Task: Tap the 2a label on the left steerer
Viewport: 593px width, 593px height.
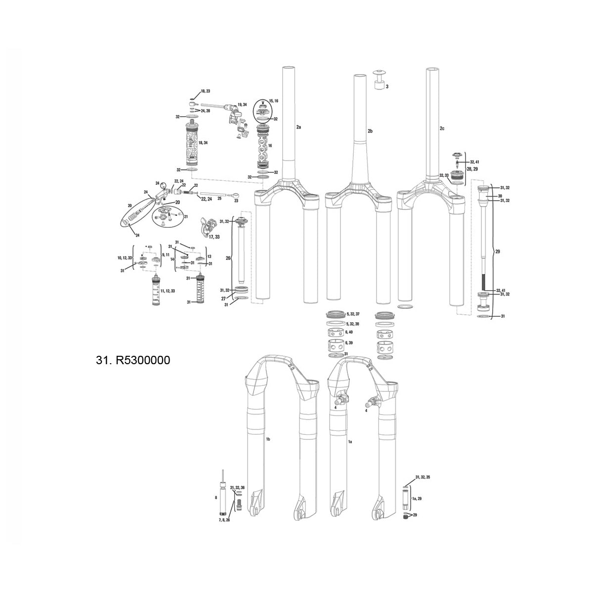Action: (298, 127)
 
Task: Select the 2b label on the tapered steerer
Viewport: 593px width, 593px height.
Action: (370, 131)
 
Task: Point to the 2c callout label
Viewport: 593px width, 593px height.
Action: (442, 128)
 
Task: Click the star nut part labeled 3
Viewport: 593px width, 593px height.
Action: (379, 81)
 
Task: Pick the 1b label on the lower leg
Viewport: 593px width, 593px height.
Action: (268, 439)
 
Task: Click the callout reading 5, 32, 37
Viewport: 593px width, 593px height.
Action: (354, 314)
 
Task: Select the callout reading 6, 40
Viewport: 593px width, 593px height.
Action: (350, 332)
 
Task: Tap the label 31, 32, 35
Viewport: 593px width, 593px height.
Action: (423, 477)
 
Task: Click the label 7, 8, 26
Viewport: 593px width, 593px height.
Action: (224, 520)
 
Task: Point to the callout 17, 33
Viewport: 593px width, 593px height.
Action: (214, 237)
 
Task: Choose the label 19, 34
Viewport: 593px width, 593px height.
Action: (242, 105)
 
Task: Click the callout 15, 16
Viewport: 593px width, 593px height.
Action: (274, 100)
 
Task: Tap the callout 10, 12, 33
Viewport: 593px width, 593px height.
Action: (125, 258)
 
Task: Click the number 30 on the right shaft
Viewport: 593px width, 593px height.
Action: (500, 196)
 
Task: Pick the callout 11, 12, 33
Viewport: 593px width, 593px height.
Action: (167, 292)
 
